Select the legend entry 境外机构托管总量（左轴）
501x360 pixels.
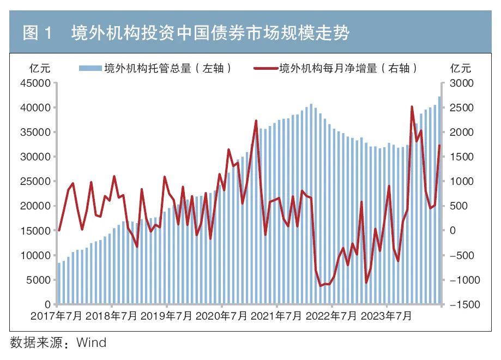158,68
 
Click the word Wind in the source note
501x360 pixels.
91,343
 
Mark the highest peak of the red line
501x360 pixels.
412,107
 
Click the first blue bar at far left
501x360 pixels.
59,283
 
